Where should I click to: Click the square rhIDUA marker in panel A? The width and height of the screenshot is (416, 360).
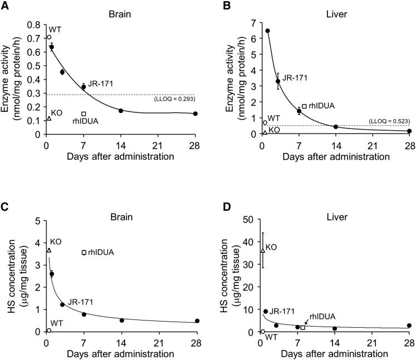[x=84, y=114]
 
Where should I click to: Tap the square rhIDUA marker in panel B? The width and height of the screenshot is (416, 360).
[x=304, y=106]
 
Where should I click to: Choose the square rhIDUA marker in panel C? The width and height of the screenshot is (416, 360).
[x=84, y=252]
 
